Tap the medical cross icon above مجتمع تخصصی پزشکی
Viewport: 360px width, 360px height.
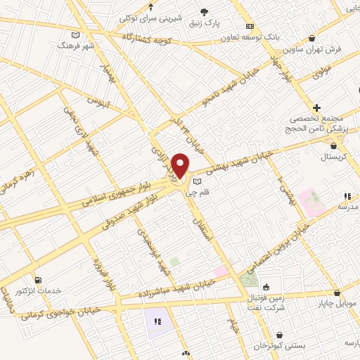(x=317, y=108)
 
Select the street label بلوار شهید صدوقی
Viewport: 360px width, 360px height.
(x=130, y=207)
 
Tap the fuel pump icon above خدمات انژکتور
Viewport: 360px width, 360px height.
(x=37, y=279)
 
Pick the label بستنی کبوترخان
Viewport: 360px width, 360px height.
(x=281, y=346)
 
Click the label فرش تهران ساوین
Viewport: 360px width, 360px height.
(x=313, y=51)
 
